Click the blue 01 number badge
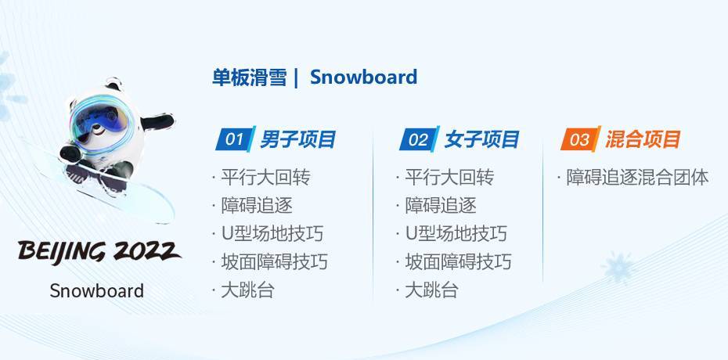click(x=236, y=139)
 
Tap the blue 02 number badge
click(x=420, y=139)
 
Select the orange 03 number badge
click(x=580, y=139)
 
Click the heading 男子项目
click(x=297, y=139)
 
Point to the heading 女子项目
click(x=481, y=139)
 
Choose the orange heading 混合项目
click(x=643, y=139)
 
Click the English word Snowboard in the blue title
click(x=363, y=77)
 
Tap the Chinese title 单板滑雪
click(x=250, y=77)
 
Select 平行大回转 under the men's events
click(x=265, y=177)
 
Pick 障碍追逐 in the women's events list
click(x=441, y=206)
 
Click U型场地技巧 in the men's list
click(x=272, y=234)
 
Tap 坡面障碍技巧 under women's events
click(x=458, y=262)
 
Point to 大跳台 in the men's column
click(x=248, y=290)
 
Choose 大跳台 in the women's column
click(x=432, y=290)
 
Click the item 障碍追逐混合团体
click(x=637, y=177)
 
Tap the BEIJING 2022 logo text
click(x=99, y=252)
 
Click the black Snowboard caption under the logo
click(x=96, y=291)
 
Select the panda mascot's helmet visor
click(x=100, y=121)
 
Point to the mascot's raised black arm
click(x=157, y=122)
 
